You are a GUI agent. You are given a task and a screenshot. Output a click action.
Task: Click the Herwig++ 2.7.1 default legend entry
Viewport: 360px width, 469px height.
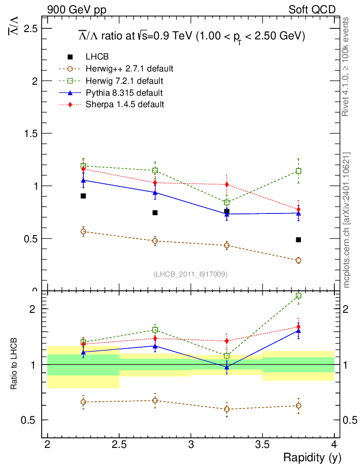coord(129,69)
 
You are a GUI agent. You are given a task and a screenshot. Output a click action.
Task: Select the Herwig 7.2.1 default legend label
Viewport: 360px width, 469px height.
coord(124,81)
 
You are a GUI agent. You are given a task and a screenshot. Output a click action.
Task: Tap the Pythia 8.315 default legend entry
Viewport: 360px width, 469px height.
coord(124,93)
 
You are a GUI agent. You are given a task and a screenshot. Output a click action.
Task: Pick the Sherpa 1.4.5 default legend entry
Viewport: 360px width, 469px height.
coord(125,104)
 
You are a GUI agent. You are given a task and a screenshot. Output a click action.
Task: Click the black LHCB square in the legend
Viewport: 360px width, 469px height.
coord(70,57)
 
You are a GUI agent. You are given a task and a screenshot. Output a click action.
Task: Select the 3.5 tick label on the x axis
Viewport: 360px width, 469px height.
coord(262,444)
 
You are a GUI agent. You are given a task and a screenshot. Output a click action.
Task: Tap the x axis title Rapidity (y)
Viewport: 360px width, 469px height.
coord(312,457)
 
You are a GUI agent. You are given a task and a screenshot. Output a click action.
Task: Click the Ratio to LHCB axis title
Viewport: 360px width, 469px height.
coord(15,365)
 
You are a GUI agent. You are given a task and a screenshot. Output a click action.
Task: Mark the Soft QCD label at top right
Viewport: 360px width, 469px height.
coord(312,10)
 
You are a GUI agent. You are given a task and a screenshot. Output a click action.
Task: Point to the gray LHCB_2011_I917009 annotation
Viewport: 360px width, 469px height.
coord(191,274)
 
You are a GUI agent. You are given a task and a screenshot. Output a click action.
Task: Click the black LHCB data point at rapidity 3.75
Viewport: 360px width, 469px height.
coord(298,240)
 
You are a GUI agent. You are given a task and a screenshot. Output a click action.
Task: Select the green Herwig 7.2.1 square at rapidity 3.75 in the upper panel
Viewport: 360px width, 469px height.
coord(298,171)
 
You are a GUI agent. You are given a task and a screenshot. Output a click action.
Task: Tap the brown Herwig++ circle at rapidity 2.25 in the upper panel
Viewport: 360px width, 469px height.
coord(83,232)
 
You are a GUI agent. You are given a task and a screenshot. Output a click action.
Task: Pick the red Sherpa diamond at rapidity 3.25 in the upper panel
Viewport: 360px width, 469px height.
coord(227,185)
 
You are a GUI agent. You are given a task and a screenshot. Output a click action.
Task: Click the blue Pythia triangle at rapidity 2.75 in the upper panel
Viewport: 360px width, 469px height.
coord(155,192)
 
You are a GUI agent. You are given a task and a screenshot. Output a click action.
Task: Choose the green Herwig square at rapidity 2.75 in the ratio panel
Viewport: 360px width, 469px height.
coord(155,330)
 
